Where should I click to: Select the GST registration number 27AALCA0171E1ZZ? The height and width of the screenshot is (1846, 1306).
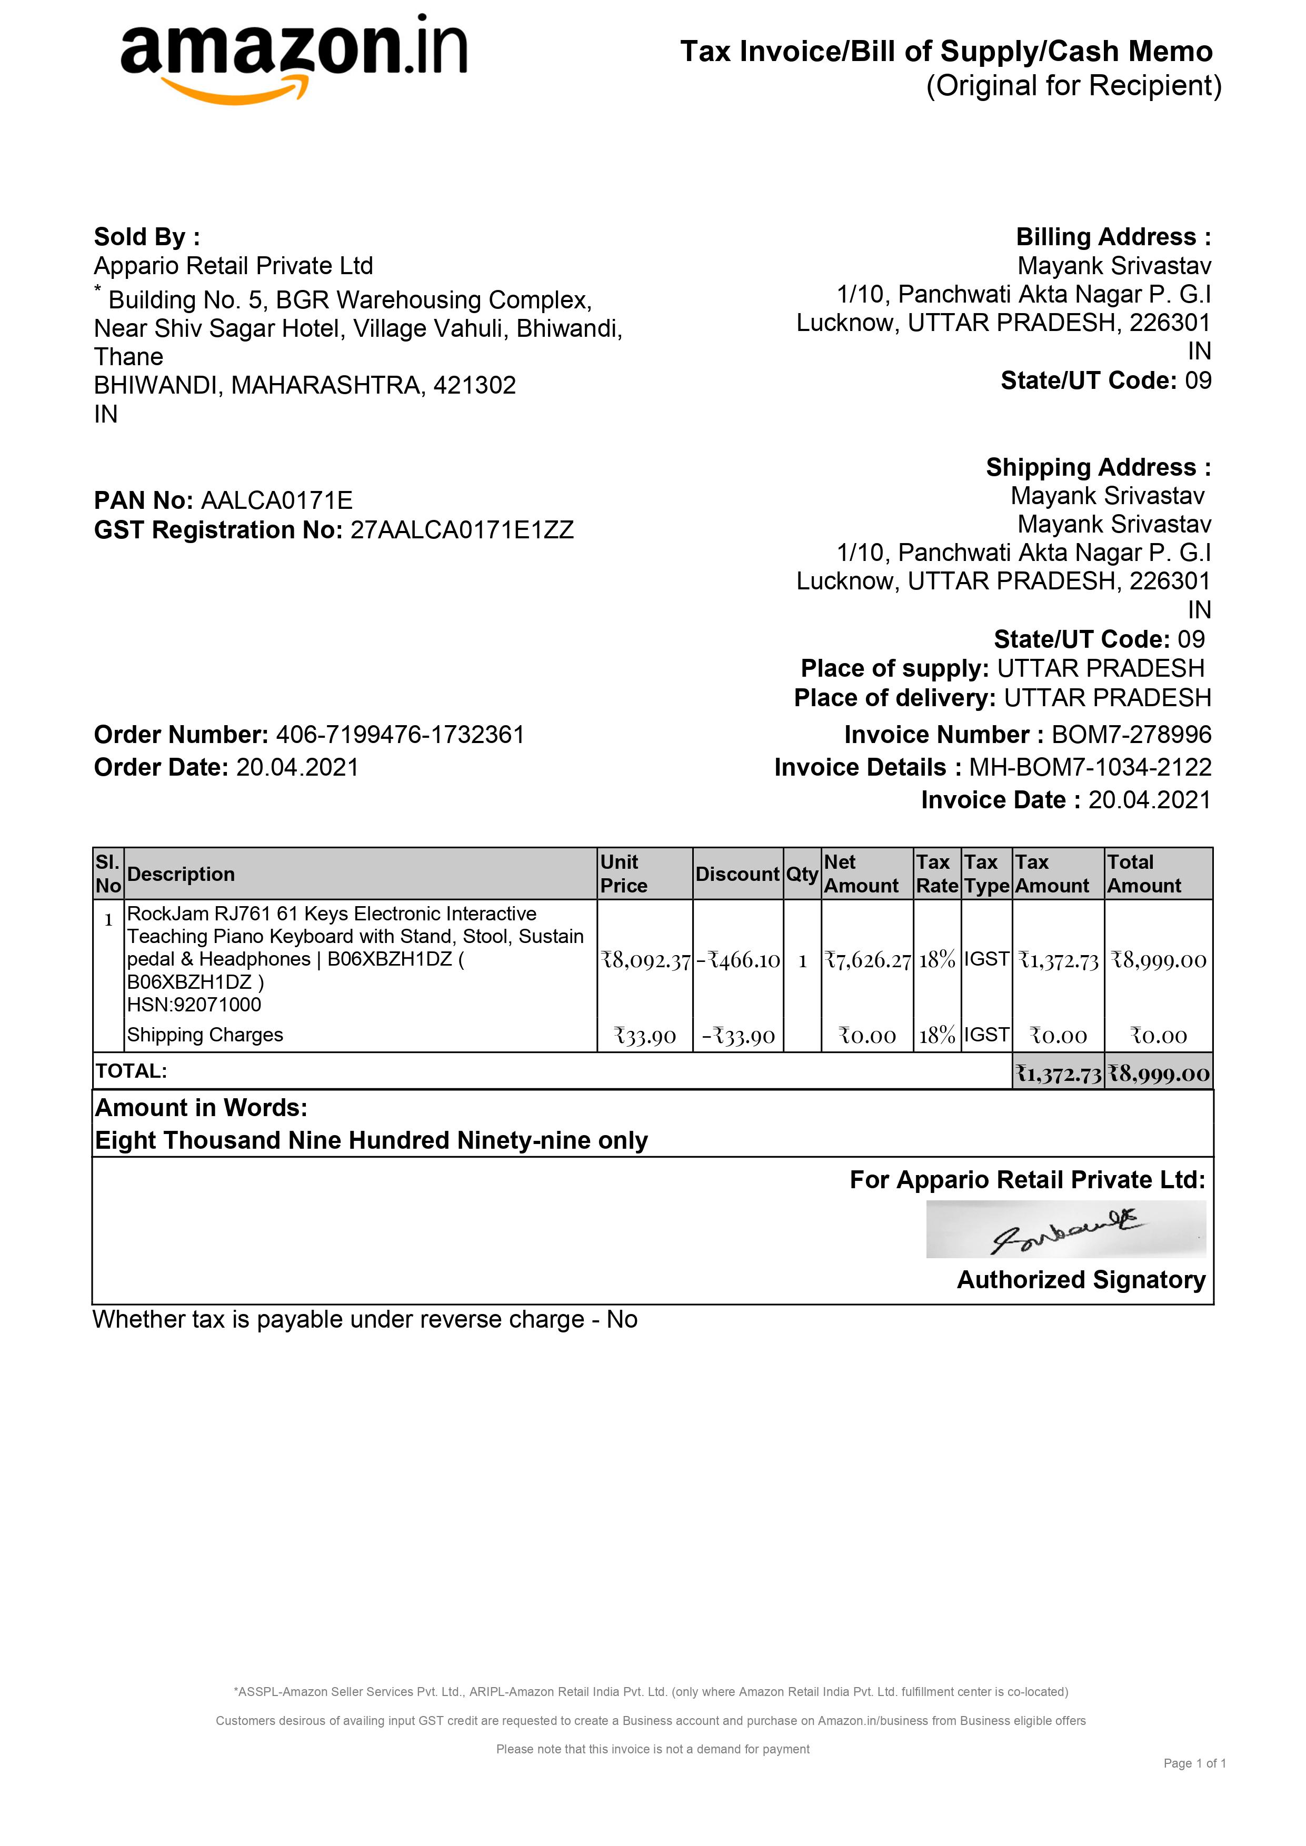click(462, 530)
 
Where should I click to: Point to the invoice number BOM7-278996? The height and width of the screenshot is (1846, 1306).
click(1131, 735)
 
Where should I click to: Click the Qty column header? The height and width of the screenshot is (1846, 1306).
click(802, 874)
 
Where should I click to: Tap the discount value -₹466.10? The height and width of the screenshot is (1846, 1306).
click(738, 960)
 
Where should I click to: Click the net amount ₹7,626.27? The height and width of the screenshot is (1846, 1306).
click(867, 960)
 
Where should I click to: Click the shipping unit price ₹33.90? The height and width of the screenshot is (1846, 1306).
click(645, 1036)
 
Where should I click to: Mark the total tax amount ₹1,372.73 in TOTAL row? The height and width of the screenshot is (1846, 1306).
click(1058, 1074)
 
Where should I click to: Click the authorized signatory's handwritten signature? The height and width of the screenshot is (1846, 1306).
click(1065, 1230)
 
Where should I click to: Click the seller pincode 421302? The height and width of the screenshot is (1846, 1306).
click(474, 386)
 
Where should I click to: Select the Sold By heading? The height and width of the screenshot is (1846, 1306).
click(146, 237)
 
